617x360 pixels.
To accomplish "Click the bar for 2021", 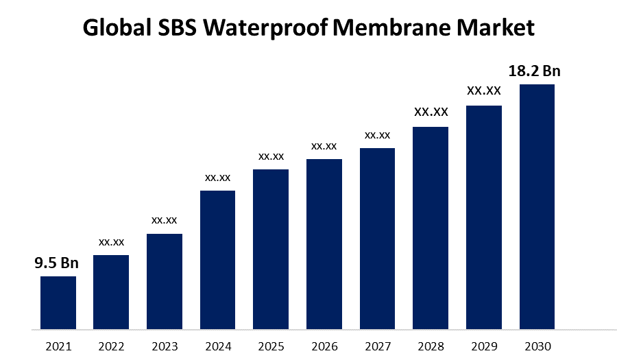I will tap(58, 302).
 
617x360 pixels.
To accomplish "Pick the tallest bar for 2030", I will tap(537, 206).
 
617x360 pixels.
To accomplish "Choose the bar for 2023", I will tap(165, 281).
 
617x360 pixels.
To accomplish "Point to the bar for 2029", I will tap(484, 217).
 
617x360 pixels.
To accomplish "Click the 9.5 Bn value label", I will tap(57, 263).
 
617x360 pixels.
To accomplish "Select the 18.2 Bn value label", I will tap(534, 71).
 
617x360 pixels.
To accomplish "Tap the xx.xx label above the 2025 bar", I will tap(271, 156).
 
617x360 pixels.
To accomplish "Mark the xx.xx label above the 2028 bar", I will tap(431, 112).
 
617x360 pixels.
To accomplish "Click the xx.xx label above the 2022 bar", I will tap(111, 242).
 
